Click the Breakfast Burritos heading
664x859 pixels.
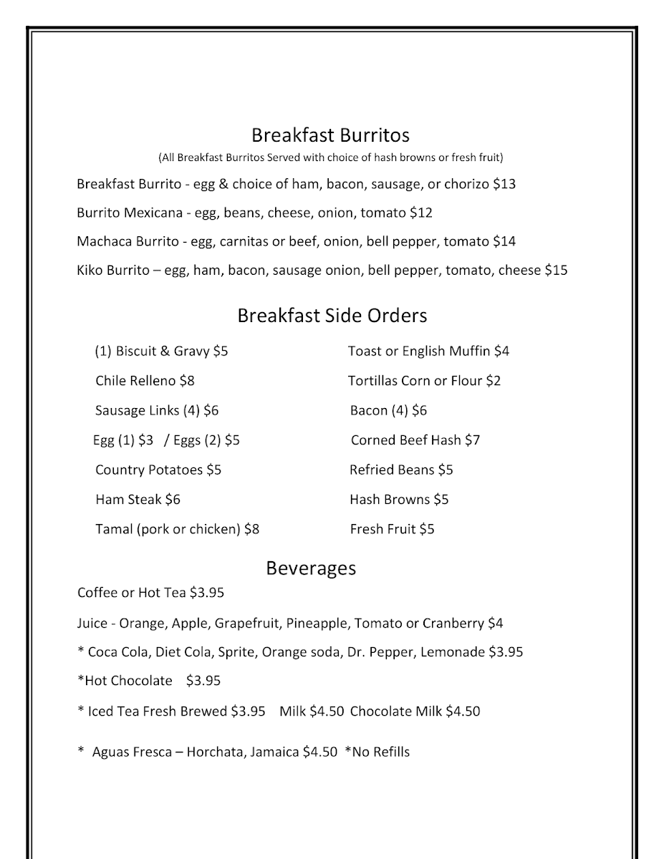pyautogui.click(x=330, y=135)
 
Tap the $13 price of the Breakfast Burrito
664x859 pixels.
pyautogui.click(x=504, y=184)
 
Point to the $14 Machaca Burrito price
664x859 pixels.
pyautogui.click(x=504, y=242)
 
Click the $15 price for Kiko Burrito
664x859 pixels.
pyautogui.click(x=556, y=271)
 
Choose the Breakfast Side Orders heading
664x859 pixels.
pyautogui.click(x=332, y=316)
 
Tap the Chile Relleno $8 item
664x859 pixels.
pyautogui.click(x=145, y=381)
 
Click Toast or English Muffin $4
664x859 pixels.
pyautogui.click(x=428, y=351)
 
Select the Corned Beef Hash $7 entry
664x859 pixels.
pyautogui.click(x=415, y=440)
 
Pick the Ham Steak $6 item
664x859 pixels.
pyautogui.click(x=138, y=500)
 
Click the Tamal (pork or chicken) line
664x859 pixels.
pyautogui.click(x=177, y=530)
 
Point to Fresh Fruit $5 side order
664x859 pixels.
pyautogui.click(x=392, y=530)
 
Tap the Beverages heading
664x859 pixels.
pyautogui.click(x=311, y=568)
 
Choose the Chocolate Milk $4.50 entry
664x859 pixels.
pyautogui.click(x=415, y=712)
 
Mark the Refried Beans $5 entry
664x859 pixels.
pyautogui.click(x=401, y=470)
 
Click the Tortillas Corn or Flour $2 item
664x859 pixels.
pyautogui.click(x=424, y=381)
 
